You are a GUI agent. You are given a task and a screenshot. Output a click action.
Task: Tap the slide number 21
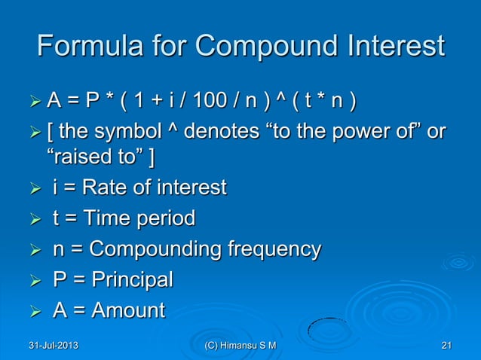(x=446, y=345)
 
